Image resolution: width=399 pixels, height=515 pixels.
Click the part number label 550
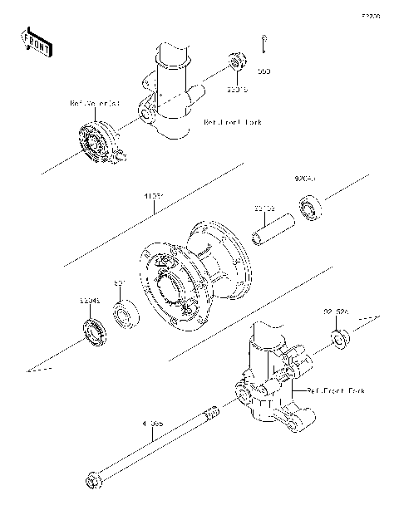coord(264,72)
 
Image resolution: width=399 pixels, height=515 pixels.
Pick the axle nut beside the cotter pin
coord(237,61)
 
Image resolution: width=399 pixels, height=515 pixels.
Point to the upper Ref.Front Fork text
coord(233,122)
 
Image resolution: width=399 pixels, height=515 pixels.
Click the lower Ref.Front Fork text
coord(335,390)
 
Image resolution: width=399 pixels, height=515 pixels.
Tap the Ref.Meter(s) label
coord(94,104)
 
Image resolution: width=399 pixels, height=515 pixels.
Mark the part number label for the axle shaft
coord(154,424)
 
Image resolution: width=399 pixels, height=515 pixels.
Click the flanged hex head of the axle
coord(92,480)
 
